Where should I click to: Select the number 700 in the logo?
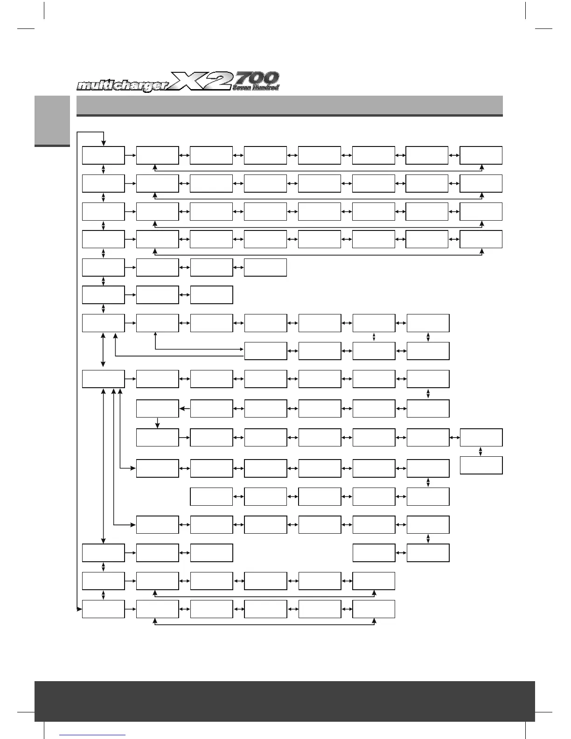[x=256, y=78]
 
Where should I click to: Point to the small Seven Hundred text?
[x=256, y=87]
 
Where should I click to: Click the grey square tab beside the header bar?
[x=52, y=121]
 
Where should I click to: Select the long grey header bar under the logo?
[x=289, y=105]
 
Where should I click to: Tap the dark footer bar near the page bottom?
[x=285, y=701]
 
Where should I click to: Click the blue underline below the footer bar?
[x=93, y=735]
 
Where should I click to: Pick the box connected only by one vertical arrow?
[x=481, y=465]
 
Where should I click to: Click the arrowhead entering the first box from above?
[x=104, y=143]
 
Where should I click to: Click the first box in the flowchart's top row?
[x=104, y=155]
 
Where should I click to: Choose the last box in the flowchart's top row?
[x=481, y=155]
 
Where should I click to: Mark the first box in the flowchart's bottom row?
[x=104, y=609]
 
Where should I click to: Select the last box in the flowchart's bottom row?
[x=374, y=609]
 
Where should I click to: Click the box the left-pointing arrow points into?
[x=158, y=409]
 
